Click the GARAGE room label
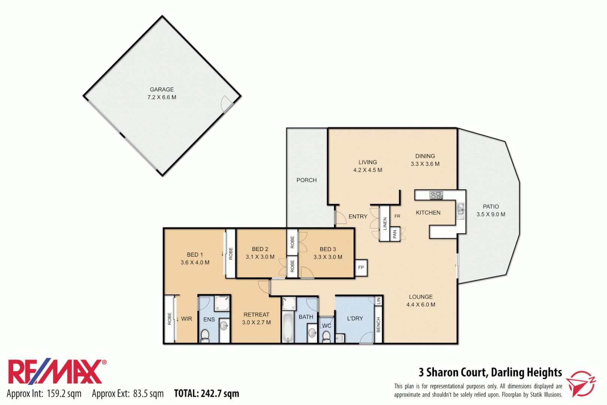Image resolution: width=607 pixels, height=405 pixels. point(162,90)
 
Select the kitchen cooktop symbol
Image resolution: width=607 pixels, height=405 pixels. point(436,195)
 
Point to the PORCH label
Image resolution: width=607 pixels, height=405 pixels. point(306,180)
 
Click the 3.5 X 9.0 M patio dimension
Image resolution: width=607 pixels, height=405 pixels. point(490,214)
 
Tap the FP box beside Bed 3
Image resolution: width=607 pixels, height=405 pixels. point(361,268)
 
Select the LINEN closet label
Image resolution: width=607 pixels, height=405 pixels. point(385,224)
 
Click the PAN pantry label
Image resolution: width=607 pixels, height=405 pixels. point(395,234)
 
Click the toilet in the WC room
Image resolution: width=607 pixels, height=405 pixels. point(326,336)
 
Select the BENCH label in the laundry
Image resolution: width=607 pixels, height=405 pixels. point(378,325)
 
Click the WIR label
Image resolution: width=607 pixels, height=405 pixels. point(187,319)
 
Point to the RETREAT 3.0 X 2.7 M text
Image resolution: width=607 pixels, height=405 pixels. point(256,319)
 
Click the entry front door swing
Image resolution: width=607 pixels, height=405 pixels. point(340,218)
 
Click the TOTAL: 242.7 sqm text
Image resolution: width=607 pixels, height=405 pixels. point(206,394)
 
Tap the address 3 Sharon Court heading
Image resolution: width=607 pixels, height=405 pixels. point(490,372)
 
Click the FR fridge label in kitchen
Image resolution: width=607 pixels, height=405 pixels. point(397,216)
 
